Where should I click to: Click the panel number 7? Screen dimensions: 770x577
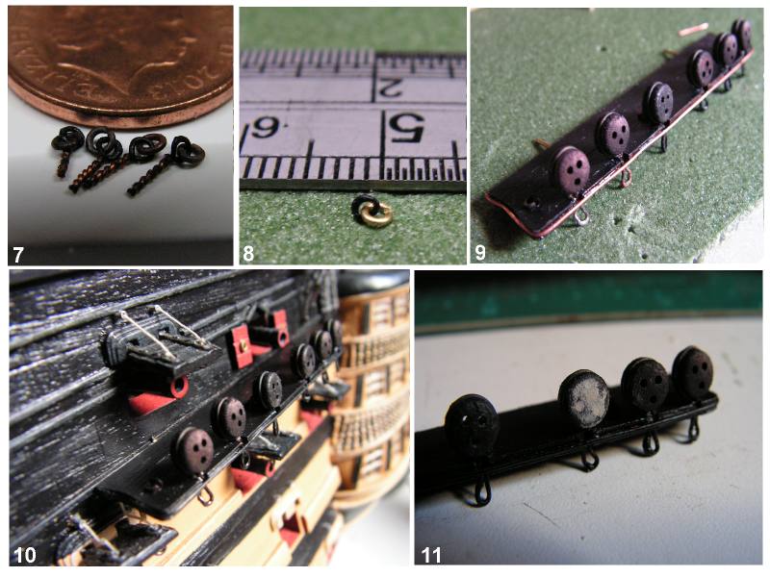[18, 255]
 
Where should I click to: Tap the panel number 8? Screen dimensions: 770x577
[248, 254]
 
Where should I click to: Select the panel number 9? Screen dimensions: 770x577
[479, 252]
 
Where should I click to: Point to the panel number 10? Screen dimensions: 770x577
[25, 555]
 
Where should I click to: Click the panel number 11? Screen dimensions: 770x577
[430, 556]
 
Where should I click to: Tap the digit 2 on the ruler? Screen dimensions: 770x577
[388, 88]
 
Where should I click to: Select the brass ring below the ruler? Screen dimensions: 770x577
[375, 213]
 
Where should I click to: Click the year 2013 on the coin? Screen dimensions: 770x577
[211, 58]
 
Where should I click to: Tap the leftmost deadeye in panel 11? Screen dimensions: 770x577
[473, 423]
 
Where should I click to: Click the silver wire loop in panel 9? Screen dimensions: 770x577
[581, 214]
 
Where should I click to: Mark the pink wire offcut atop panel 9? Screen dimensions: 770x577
[693, 30]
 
